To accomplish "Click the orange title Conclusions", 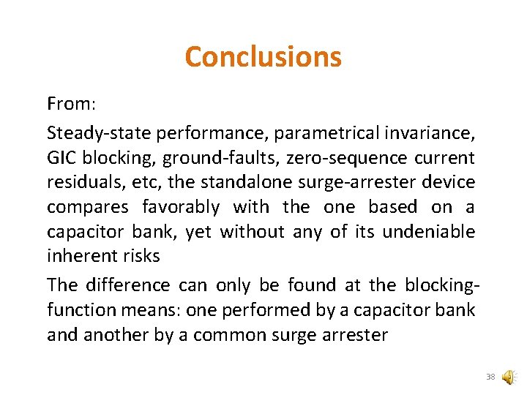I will [263, 56].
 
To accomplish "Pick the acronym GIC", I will [61, 158].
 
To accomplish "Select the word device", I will [449, 183].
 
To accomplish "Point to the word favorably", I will [180, 208].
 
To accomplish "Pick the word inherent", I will [75, 257].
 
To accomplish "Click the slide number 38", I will [490, 377].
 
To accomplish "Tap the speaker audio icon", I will [508, 377].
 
